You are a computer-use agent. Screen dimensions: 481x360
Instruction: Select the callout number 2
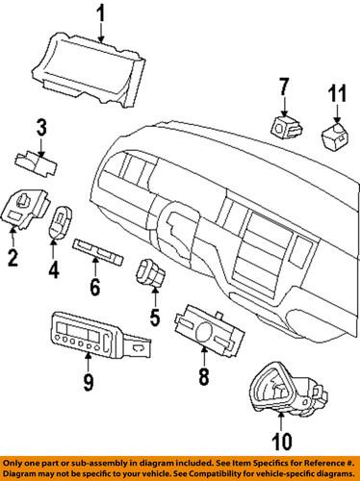13,257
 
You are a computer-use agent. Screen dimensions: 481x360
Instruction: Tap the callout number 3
41,125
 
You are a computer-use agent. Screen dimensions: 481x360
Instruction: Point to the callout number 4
54,270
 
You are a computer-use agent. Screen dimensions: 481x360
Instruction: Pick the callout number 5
153,314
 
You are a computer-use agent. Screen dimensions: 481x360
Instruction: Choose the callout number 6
93,286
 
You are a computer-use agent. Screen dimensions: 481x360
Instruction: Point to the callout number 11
336,95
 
